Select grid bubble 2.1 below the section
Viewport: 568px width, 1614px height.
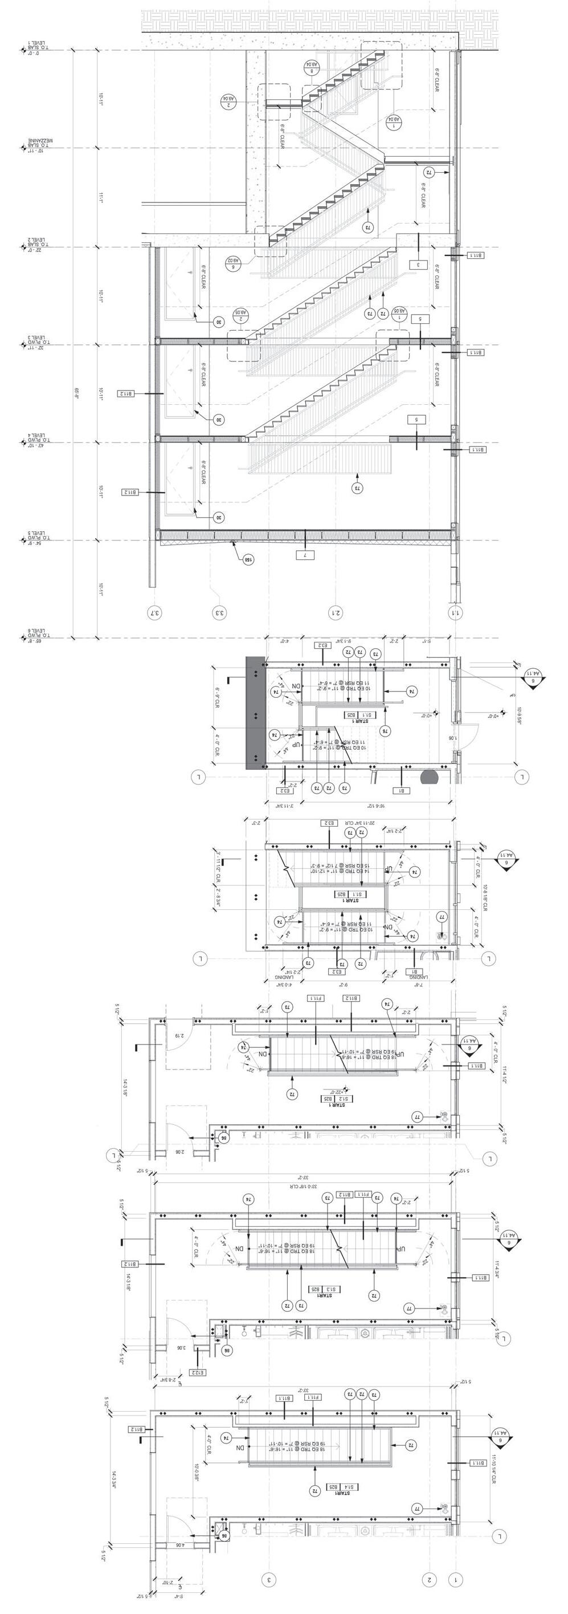(x=336, y=612)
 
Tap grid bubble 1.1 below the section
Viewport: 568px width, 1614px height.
(x=455, y=612)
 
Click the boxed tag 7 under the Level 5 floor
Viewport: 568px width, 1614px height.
(x=304, y=555)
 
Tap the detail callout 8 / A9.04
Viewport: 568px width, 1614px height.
(x=311, y=68)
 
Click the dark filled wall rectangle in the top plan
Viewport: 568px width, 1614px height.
(x=255, y=713)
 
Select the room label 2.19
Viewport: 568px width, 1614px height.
(x=177, y=1036)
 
